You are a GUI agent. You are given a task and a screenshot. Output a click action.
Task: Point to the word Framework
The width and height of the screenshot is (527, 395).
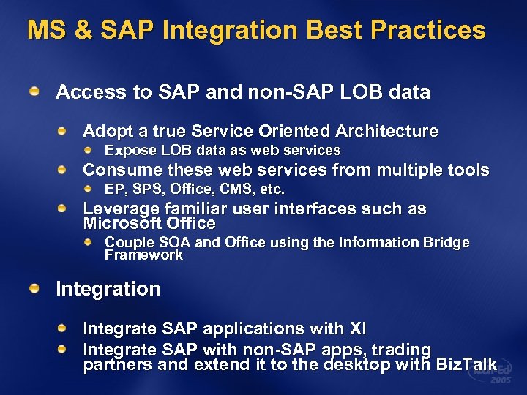143,255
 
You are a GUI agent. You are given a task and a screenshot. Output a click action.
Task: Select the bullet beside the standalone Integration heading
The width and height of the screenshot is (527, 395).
34,288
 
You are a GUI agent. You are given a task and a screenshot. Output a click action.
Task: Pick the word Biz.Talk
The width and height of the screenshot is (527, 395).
466,365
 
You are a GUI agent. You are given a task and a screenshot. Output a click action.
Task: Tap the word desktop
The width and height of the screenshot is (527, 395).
356,365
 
